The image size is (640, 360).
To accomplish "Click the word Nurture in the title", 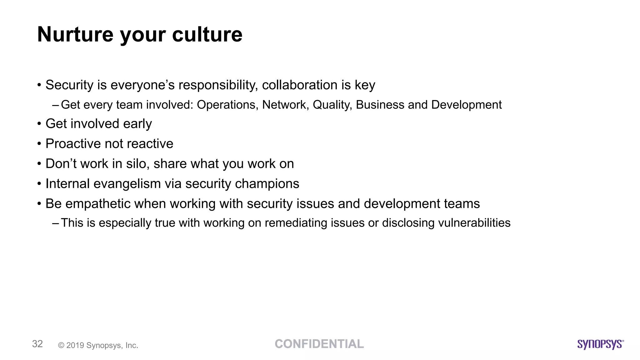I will pos(75,34).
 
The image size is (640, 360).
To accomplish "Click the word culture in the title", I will pos(207,34).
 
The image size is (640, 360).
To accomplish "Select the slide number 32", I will pos(37,344).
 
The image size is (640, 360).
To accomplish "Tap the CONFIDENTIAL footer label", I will pos(319,344).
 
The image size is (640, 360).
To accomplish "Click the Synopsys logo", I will pos(600,344).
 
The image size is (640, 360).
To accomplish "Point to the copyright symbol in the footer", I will pos(61,345).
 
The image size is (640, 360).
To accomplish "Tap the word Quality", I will pos(332,105).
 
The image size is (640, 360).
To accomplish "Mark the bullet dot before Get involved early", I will pos(39,124).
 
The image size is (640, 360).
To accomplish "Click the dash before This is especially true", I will pos(56,223).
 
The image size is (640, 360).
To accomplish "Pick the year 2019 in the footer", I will pos(75,345).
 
